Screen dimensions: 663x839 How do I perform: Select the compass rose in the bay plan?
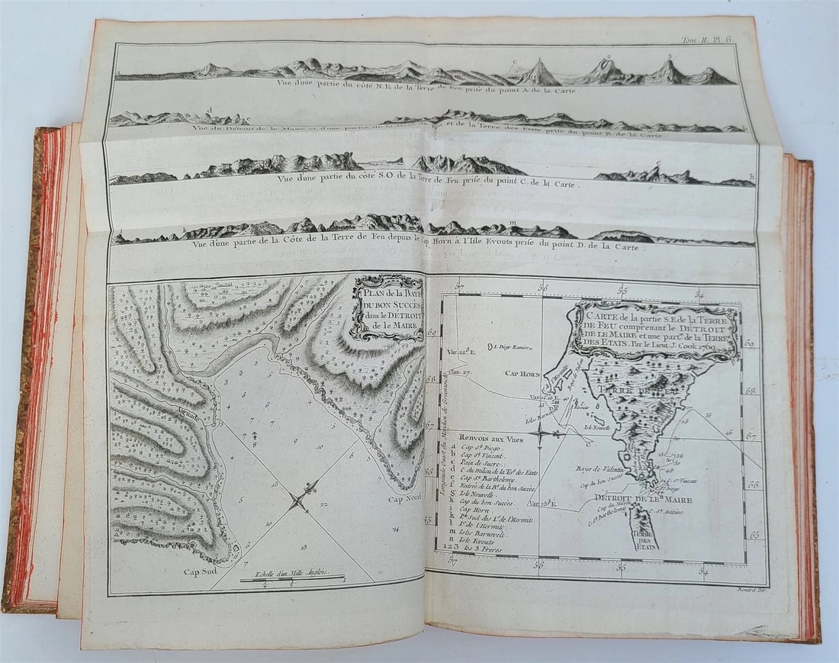pyautogui.click(x=298, y=500)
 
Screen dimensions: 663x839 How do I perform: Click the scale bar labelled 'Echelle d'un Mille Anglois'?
pyautogui.click(x=292, y=578)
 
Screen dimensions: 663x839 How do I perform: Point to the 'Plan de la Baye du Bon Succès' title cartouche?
pyautogui.click(x=388, y=307)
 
